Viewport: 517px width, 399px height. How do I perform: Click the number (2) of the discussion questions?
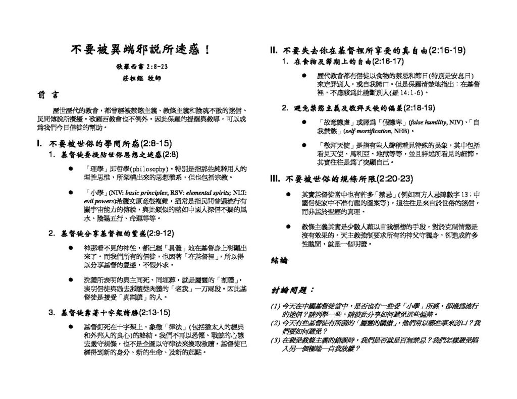276,322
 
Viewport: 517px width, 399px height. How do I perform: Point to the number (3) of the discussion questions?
276,340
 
